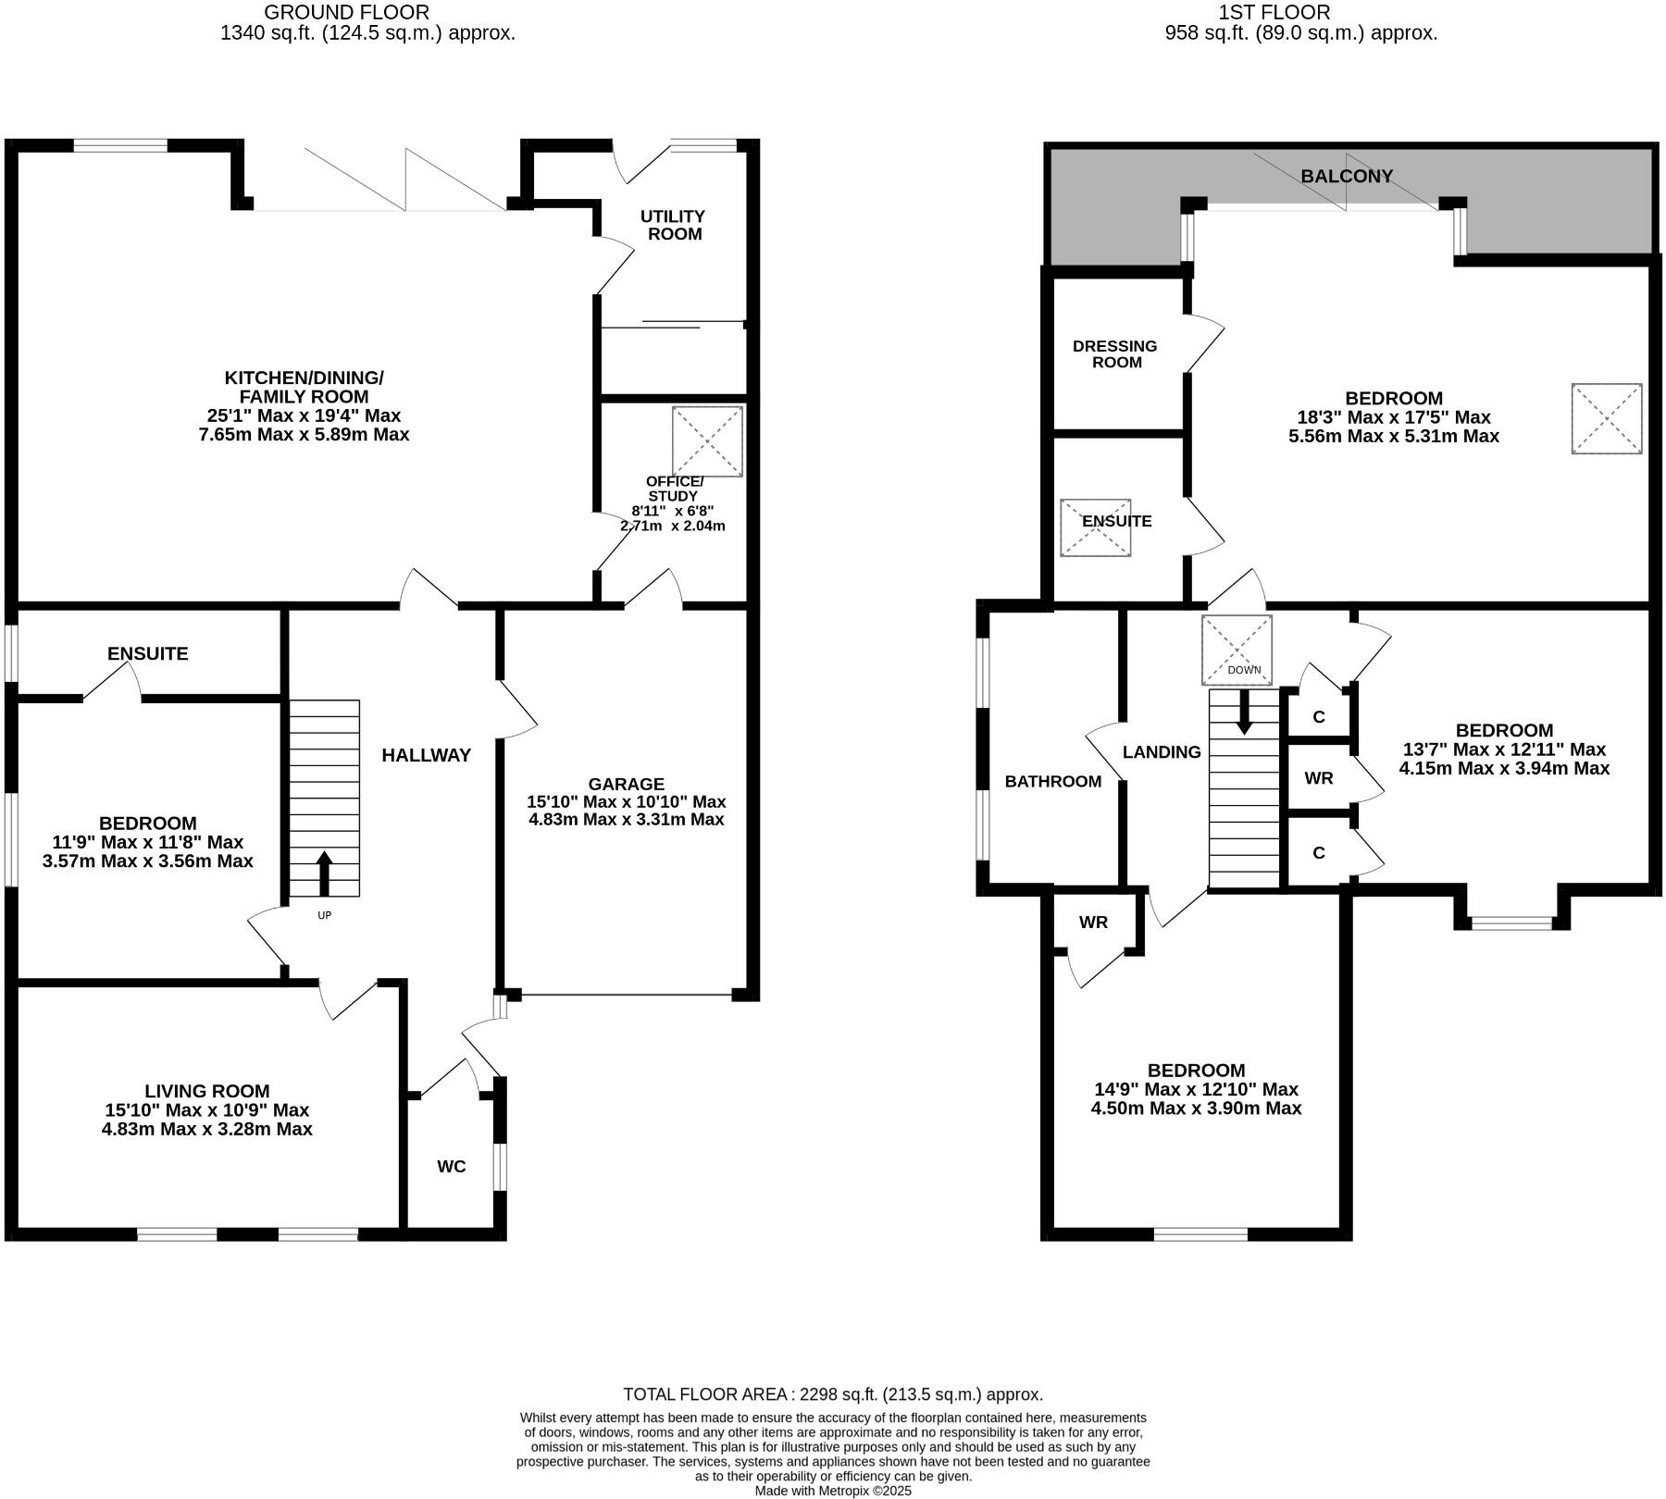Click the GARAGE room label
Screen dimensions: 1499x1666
click(x=627, y=784)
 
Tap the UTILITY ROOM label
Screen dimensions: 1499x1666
click(x=673, y=225)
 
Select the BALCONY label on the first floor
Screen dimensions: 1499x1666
click(x=1346, y=176)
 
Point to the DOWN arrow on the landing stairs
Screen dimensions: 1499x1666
click(x=1244, y=713)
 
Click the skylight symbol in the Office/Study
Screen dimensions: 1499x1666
click(x=707, y=441)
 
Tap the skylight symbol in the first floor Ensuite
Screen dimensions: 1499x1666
click(x=1095, y=527)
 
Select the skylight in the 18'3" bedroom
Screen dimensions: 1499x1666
click(x=1606, y=418)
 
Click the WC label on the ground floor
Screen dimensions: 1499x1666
click(x=452, y=1166)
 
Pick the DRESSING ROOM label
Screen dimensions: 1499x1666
click(x=1115, y=353)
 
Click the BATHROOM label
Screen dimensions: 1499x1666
click(x=1053, y=781)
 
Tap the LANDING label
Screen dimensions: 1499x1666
click(x=1162, y=752)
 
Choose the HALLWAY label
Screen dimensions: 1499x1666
click(x=427, y=755)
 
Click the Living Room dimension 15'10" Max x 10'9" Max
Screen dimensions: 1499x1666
click(x=207, y=1109)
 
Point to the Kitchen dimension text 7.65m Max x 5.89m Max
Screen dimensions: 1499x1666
click(x=304, y=434)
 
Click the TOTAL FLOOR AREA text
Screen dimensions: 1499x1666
click(x=833, y=1394)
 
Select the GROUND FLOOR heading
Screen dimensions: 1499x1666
click(x=346, y=12)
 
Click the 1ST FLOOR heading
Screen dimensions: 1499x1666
click(x=1300, y=12)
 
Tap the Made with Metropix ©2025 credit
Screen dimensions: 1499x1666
click(x=833, y=1491)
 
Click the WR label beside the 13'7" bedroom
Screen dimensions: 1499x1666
click(x=1319, y=778)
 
